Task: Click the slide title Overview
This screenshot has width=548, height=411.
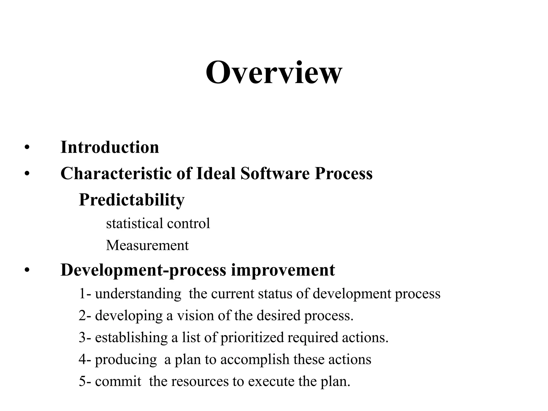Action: tap(274, 73)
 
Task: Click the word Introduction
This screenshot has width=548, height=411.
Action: tap(110, 147)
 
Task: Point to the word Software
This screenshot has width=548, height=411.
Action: tap(275, 173)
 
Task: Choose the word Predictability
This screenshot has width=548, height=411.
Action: tap(132, 200)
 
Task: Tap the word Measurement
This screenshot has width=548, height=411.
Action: tap(147, 245)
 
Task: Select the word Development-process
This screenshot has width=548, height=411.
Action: tap(143, 270)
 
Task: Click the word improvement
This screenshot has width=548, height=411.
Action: tap(283, 270)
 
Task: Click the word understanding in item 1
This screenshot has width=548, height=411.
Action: tap(138, 294)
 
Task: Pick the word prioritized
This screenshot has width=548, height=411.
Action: tap(252, 337)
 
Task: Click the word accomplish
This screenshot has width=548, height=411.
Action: tap(255, 359)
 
